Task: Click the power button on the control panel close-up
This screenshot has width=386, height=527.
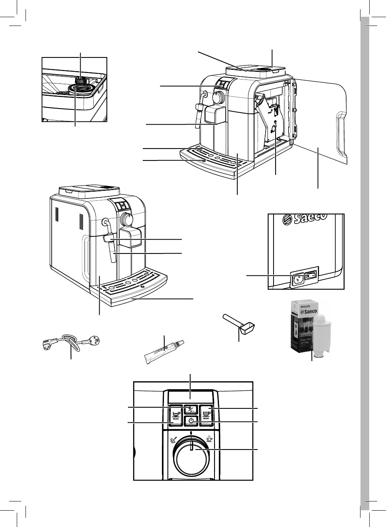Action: point(191,420)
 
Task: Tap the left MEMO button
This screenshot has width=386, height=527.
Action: point(175,414)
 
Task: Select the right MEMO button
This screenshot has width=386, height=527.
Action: point(206,414)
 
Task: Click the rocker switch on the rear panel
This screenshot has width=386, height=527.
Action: point(311,275)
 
